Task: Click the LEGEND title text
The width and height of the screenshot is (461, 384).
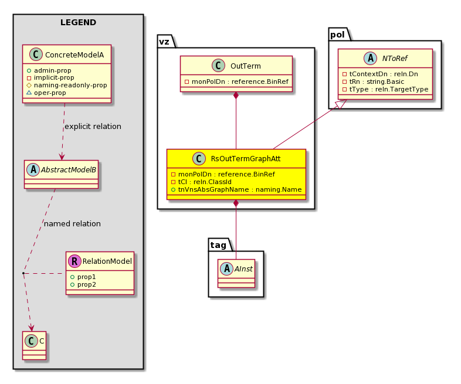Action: click(78, 23)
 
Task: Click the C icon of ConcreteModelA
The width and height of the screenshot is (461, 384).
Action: click(36, 55)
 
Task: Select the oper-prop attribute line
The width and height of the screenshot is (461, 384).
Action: click(46, 93)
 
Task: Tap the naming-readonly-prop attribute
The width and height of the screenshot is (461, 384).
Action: click(67, 85)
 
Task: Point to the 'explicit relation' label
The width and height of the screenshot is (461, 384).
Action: click(93, 126)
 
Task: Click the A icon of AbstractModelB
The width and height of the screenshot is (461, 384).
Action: click(33, 169)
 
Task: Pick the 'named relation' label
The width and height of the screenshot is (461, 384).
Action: click(72, 223)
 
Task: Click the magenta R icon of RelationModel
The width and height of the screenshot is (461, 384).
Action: click(74, 261)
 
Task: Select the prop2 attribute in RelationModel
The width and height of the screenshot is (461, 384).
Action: click(83, 284)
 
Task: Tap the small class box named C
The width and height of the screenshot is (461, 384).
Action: click(35, 345)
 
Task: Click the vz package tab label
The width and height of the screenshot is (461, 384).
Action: click(164, 42)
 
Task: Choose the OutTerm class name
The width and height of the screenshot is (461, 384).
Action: click(246, 66)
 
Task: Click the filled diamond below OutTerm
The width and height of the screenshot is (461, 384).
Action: click(236, 95)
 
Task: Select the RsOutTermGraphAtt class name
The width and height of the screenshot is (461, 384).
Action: click(246, 159)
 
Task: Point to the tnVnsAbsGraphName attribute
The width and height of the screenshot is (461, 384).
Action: click(236, 189)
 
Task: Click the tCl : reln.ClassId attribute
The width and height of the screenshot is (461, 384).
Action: click(201, 182)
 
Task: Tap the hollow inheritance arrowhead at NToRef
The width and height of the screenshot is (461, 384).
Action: click(341, 104)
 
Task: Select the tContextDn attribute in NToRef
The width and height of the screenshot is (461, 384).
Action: click(380, 74)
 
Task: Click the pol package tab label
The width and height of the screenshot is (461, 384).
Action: click(337, 35)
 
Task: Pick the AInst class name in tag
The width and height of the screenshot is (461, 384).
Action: click(243, 269)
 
